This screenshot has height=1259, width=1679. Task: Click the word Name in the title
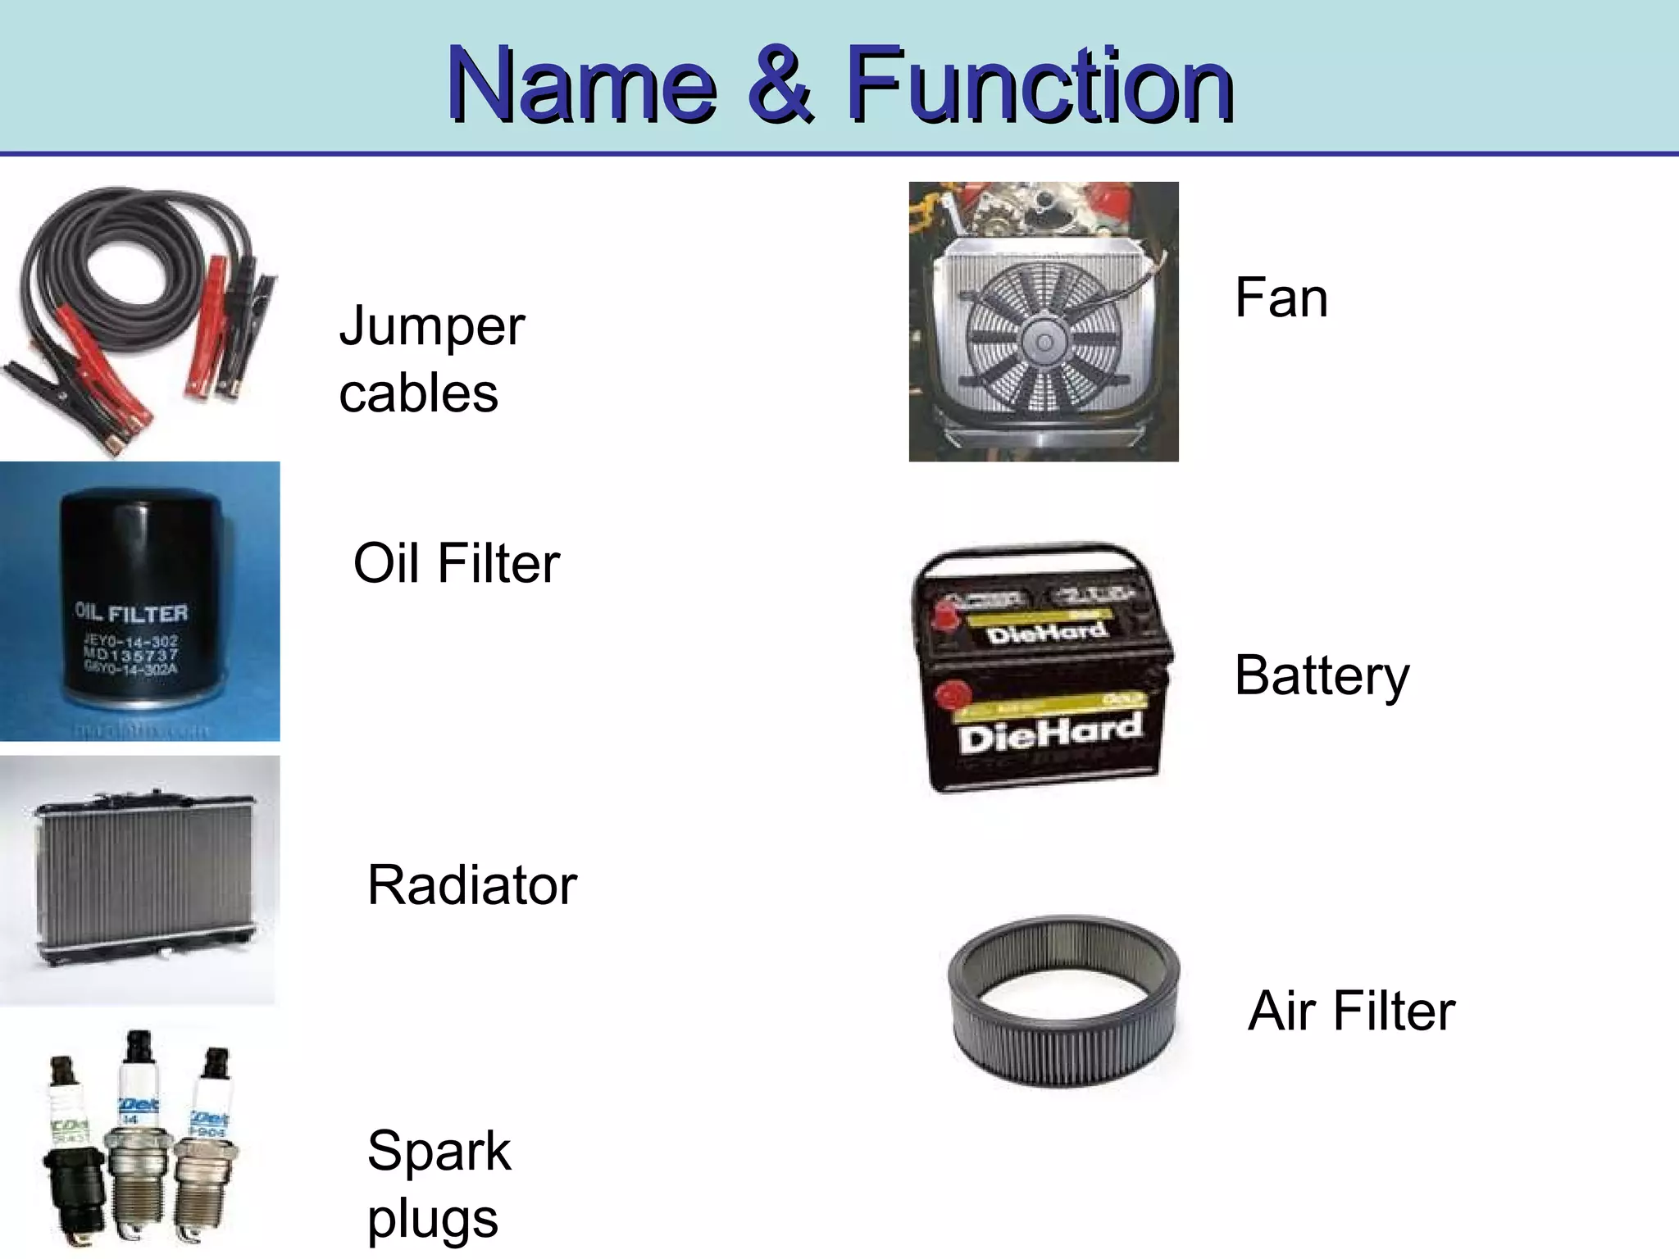coord(582,86)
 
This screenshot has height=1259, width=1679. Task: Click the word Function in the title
coord(1039,86)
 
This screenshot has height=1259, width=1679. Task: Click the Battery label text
coord(1322,677)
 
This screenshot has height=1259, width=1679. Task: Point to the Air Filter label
coord(1351,1011)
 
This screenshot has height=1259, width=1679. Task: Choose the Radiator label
coord(472,885)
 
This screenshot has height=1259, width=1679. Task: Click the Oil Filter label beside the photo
coord(457,564)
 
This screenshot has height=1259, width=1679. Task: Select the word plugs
coord(432,1220)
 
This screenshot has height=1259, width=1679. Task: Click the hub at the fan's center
coord(1043,343)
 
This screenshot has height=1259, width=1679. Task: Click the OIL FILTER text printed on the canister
coord(131,613)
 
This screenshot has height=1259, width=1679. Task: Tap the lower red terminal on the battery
coord(952,695)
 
